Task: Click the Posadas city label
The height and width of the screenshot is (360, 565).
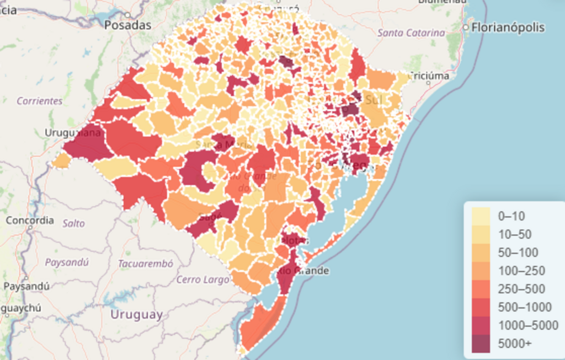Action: point(127,25)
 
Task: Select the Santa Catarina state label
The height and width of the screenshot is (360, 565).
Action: point(411,33)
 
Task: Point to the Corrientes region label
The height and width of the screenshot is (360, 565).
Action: point(39,101)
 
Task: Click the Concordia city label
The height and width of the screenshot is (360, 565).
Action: point(30,221)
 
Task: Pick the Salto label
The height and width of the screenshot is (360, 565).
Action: point(74,223)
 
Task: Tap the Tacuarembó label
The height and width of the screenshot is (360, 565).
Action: point(146,264)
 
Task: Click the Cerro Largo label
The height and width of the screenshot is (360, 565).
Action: point(202,280)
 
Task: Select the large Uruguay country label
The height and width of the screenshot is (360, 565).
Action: point(136,315)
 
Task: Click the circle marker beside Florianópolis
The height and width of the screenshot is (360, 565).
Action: point(466,27)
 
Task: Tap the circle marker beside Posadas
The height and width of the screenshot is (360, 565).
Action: point(127,15)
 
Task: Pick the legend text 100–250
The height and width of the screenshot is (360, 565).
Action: point(521,271)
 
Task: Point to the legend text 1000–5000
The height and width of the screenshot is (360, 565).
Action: point(528,325)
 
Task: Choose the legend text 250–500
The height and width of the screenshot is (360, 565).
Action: point(521,289)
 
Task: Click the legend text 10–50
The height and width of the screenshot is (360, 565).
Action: point(515,235)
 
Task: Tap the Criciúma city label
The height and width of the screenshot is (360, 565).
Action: point(429,76)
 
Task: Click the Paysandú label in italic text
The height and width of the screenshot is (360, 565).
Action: point(67,262)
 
